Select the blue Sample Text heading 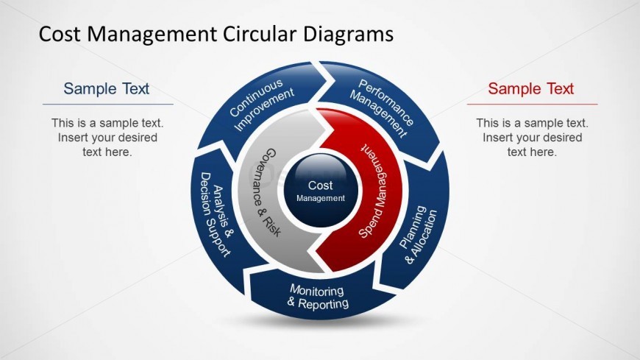[x=107, y=89]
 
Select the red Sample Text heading [x=530, y=89]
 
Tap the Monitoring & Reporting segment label [x=318, y=296]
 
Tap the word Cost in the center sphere [x=321, y=186]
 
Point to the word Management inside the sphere [x=321, y=198]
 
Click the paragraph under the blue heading [x=107, y=138]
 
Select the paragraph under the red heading [x=532, y=138]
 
